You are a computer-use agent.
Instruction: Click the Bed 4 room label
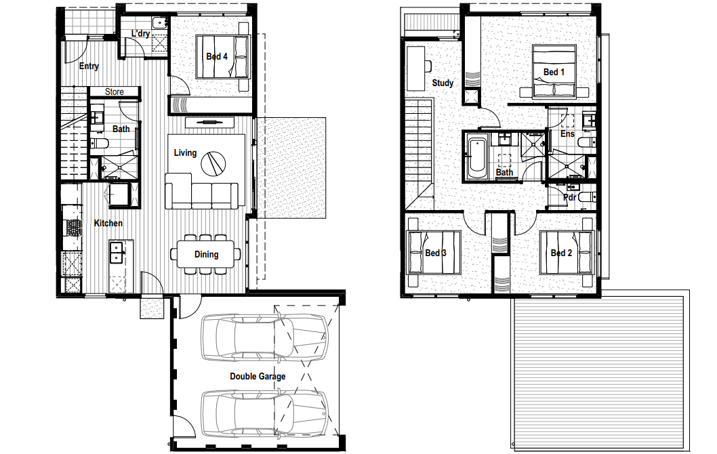217,57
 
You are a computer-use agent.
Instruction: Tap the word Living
185,152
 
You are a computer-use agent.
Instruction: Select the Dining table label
206,254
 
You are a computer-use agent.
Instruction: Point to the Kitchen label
108,223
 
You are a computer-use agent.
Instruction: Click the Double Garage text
258,376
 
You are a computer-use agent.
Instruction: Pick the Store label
115,92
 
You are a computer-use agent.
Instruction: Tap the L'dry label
140,33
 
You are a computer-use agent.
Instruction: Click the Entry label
89,66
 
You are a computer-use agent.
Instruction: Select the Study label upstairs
443,83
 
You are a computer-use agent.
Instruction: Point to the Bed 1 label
554,72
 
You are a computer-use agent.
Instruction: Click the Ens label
567,133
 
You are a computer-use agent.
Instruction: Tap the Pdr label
570,197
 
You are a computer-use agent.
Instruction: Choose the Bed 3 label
435,253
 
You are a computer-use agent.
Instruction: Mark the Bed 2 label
561,253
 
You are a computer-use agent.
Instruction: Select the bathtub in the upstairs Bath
476,157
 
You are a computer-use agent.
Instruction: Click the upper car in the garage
265,337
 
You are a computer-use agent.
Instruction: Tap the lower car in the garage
265,413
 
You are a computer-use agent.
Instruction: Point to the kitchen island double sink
117,253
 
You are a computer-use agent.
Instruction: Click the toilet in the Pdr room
587,197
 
